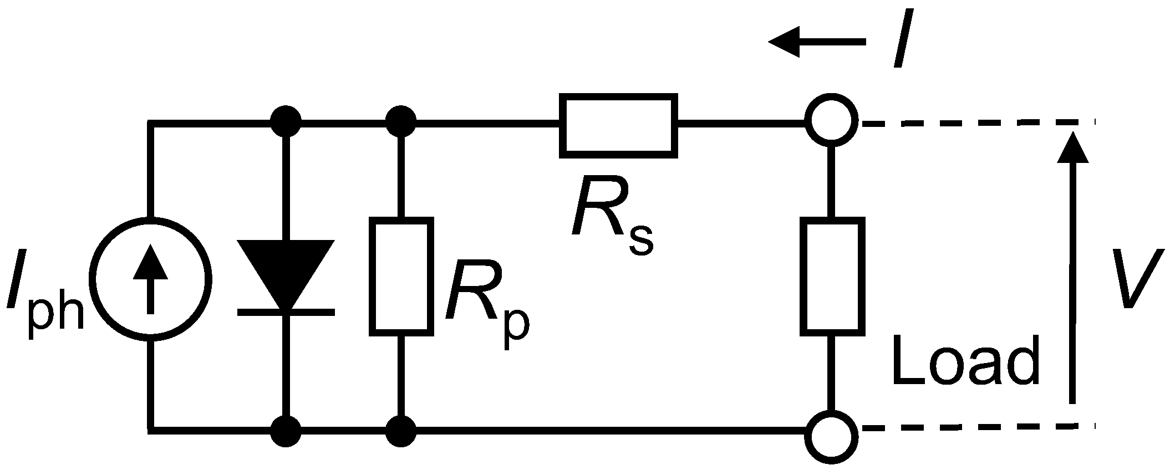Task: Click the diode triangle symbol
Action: (x=286, y=272)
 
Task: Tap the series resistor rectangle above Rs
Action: (x=618, y=126)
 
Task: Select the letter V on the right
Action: (x=1140, y=280)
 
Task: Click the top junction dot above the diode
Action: (x=286, y=121)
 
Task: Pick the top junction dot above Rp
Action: (x=401, y=121)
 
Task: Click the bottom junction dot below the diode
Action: (x=286, y=431)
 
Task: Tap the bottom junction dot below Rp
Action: (x=401, y=431)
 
